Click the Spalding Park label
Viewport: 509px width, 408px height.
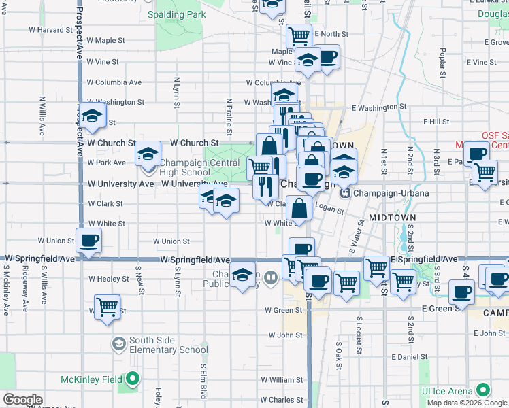pyautogui.click(x=176, y=14)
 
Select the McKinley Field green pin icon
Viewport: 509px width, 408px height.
pyautogui.click(x=135, y=379)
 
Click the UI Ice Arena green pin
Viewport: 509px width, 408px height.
pyautogui.click(x=483, y=390)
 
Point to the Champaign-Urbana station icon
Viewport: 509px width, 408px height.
pyautogui.click(x=346, y=193)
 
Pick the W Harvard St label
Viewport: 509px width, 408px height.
pyautogui.click(x=50, y=30)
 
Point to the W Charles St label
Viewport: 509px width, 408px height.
pyautogui.click(x=280, y=400)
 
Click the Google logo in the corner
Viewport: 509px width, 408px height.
pyautogui.click(x=22, y=400)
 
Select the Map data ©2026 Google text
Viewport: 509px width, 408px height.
pyautogui.click(x=467, y=403)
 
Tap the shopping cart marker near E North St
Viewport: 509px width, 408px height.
pyautogui.click(x=299, y=35)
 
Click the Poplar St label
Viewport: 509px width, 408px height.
pyautogui.click(x=442, y=62)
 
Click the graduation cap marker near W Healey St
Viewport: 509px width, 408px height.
pyautogui.click(x=242, y=275)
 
